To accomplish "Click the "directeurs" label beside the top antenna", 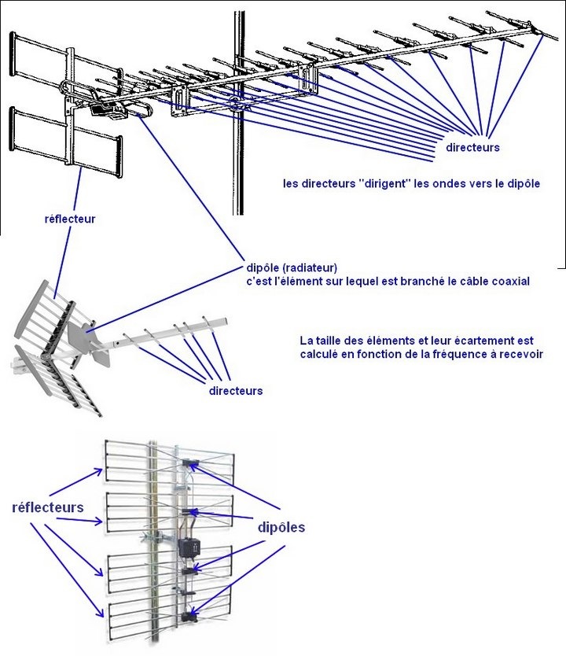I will [472, 147].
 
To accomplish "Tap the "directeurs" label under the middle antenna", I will [236, 390].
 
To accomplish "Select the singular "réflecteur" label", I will [70, 219].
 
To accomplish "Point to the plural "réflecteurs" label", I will [48, 507].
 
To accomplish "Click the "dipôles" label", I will [281, 528].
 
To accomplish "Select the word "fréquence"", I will [436, 354].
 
